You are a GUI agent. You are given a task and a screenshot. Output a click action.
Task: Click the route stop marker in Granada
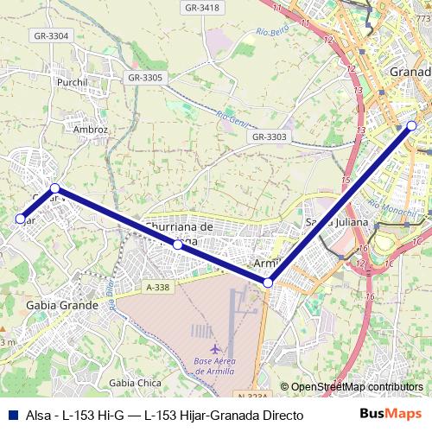411,126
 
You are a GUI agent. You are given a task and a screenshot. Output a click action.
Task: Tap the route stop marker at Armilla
269,283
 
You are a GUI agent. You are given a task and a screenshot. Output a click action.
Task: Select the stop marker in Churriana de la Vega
177,245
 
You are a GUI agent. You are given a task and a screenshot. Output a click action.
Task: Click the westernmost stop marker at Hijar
20,219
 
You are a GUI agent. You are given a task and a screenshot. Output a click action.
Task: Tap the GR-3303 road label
269,137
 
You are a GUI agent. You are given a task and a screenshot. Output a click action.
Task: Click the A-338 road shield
158,287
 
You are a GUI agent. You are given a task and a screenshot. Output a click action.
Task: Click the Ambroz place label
90,129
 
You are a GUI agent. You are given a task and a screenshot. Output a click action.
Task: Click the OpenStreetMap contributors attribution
351,388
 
